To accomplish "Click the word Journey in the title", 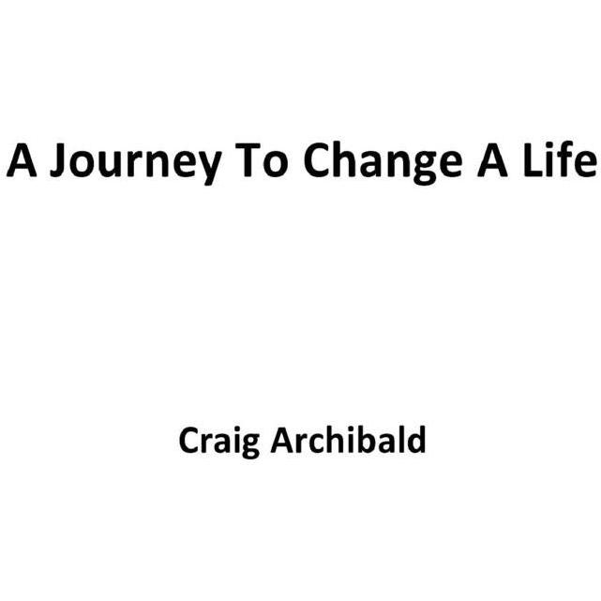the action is click(136, 161).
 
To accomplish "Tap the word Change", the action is click(383, 161).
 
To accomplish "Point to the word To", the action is click(262, 160).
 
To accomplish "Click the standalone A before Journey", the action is click(22, 159).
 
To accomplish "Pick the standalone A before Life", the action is click(492, 159).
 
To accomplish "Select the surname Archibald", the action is click(348, 439).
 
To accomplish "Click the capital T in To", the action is click(248, 159).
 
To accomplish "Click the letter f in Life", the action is click(563, 158).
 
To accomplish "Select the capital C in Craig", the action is click(189, 440).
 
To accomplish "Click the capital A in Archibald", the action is click(282, 441).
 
